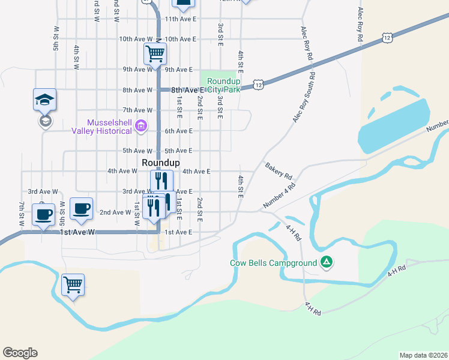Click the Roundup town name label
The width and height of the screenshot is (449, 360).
coord(161,163)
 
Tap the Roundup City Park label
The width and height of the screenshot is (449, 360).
coord(223,85)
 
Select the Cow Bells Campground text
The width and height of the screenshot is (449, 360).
coord(273,263)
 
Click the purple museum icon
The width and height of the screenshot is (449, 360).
coord(141,125)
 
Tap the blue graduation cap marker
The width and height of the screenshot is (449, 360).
coord(44,100)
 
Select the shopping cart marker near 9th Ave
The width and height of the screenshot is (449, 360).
coord(155,53)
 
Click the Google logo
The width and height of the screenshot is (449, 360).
coord(20,353)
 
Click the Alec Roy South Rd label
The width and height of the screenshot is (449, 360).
coord(304,98)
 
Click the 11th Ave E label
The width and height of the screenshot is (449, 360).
coord(181,19)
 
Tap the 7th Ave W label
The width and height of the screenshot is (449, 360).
coord(137,110)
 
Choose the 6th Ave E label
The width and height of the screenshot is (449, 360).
coord(178,131)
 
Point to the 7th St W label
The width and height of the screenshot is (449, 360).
coord(22,214)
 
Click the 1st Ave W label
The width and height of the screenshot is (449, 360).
coord(77,232)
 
